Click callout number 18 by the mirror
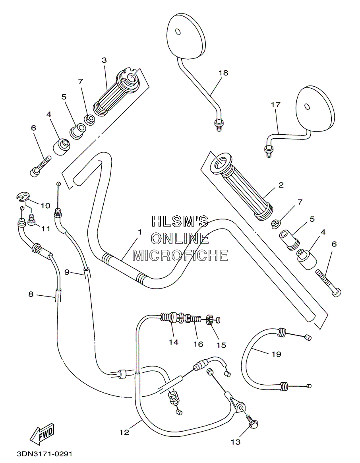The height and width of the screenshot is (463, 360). pos(224,73)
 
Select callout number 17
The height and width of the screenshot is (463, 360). pos(275,105)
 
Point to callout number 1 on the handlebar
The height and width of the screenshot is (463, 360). pos(140,232)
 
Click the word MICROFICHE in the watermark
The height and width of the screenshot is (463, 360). pos(180,255)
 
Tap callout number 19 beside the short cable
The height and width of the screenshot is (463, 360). pos(276,354)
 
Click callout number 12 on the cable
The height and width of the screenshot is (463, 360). pos(124,432)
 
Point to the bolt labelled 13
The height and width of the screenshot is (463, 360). pos(252,421)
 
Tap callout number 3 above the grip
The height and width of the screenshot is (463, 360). pos(104,60)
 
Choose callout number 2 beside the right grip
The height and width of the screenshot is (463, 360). pos(281,185)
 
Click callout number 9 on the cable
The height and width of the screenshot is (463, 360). pos(67,272)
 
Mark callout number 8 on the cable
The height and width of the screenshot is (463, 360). pos(31,294)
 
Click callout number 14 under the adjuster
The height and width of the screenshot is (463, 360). pos(174,342)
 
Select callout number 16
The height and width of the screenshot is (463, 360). pos(198,344)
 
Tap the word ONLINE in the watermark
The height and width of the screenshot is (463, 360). pos(180,238)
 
